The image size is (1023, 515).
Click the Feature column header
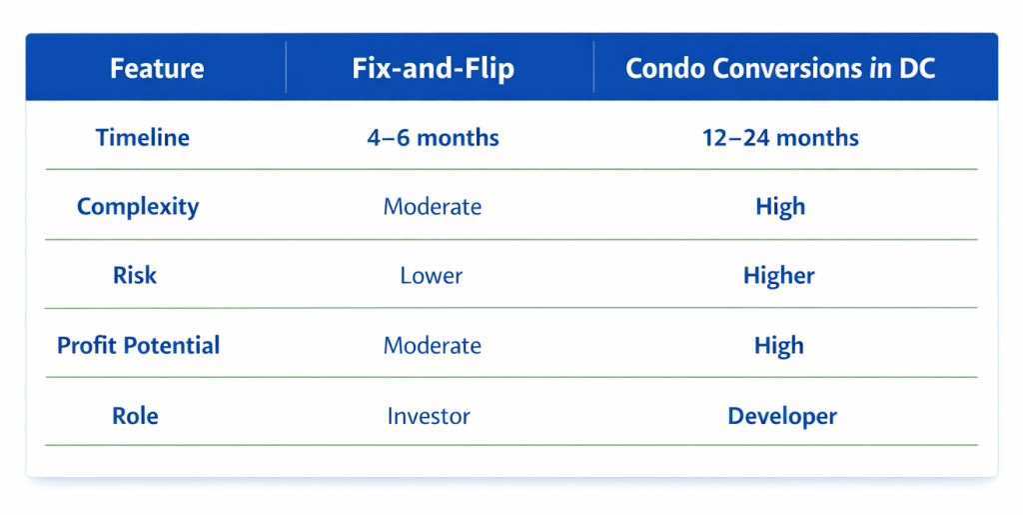(x=157, y=69)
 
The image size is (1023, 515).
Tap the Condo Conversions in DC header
(x=780, y=69)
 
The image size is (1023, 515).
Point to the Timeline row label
(x=142, y=137)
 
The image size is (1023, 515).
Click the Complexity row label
(x=138, y=207)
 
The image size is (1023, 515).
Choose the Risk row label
(x=135, y=275)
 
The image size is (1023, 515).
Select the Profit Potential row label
(x=138, y=346)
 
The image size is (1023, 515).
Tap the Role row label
(x=135, y=415)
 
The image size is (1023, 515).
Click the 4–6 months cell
(x=433, y=137)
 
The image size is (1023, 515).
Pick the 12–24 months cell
(x=780, y=137)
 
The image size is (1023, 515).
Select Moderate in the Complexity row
(x=433, y=207)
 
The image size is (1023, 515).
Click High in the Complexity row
(x=780, y=207)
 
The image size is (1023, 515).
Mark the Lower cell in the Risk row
(x=432, y=276)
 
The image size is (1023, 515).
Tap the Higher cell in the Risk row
(x=779, y=276)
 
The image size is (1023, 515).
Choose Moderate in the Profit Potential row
(x=433, y=346)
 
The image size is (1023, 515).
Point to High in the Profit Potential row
(x=779, y=346)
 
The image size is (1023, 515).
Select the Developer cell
(x=781, y=416)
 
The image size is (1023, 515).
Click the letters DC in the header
(x=916, y=69)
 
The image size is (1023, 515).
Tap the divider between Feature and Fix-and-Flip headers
(x=287, y=68)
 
